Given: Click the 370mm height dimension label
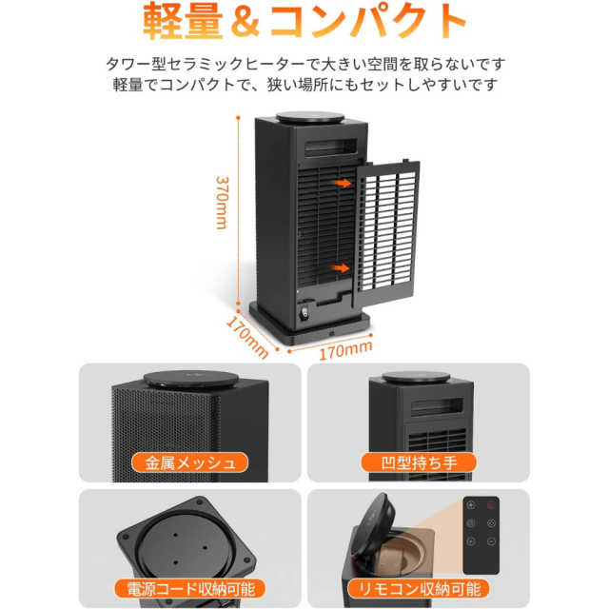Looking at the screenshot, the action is [222, 203].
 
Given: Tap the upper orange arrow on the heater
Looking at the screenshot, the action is [342, 183].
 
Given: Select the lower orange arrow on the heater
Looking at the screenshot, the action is [341, 267].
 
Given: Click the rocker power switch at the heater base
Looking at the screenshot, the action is [304, 313].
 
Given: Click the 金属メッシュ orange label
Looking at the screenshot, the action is [190, 462].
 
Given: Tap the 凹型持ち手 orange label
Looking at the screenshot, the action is [419, 462].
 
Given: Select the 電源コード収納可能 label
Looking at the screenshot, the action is [190, 588].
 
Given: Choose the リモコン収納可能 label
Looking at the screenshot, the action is [419, 588].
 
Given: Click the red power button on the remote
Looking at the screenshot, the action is [491, 505].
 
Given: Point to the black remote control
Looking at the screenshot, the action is [481, 535].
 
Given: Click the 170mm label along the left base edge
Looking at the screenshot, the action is [247, 337].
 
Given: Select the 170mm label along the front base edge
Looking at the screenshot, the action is [345, 350].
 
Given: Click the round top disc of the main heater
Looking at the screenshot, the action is [310, 117].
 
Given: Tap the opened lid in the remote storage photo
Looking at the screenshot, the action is [374, 525].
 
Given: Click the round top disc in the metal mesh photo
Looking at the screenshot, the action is [190, 379].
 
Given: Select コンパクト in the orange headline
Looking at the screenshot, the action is [368, 22].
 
